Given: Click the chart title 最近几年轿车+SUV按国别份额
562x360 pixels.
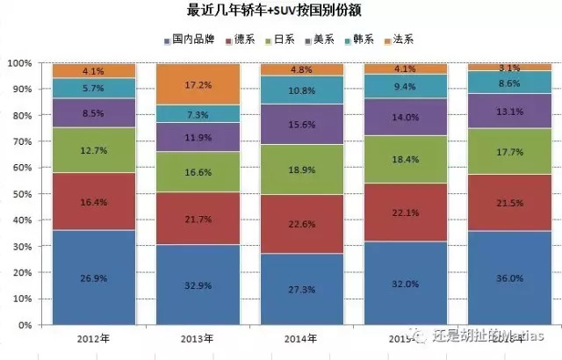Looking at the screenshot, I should coord(281,11).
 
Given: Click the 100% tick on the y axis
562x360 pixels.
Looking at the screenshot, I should coord(18,63).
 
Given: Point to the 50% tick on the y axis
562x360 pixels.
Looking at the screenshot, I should coord(21,194).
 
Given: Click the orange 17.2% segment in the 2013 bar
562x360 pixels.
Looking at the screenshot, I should coord(197,84).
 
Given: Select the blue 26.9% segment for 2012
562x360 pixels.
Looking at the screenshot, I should coord(93,277).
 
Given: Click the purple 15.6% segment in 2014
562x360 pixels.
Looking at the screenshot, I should coord(301,125).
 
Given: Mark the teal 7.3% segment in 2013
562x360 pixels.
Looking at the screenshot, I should coord(197,114).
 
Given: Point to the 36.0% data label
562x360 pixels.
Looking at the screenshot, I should coord(509,278).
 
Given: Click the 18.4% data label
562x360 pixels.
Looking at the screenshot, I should coord(405,159).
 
